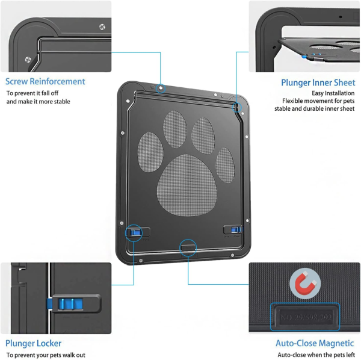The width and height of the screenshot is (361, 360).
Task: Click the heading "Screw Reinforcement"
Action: (46, 81)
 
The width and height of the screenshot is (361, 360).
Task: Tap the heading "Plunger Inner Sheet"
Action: (318, 82)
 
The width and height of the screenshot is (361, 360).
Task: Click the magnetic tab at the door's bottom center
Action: (188, 246)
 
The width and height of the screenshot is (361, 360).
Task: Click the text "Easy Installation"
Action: (333, 93)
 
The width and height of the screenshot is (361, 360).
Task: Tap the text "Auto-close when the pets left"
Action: (316, 355)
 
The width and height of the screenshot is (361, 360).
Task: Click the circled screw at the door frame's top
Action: (161, 88)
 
